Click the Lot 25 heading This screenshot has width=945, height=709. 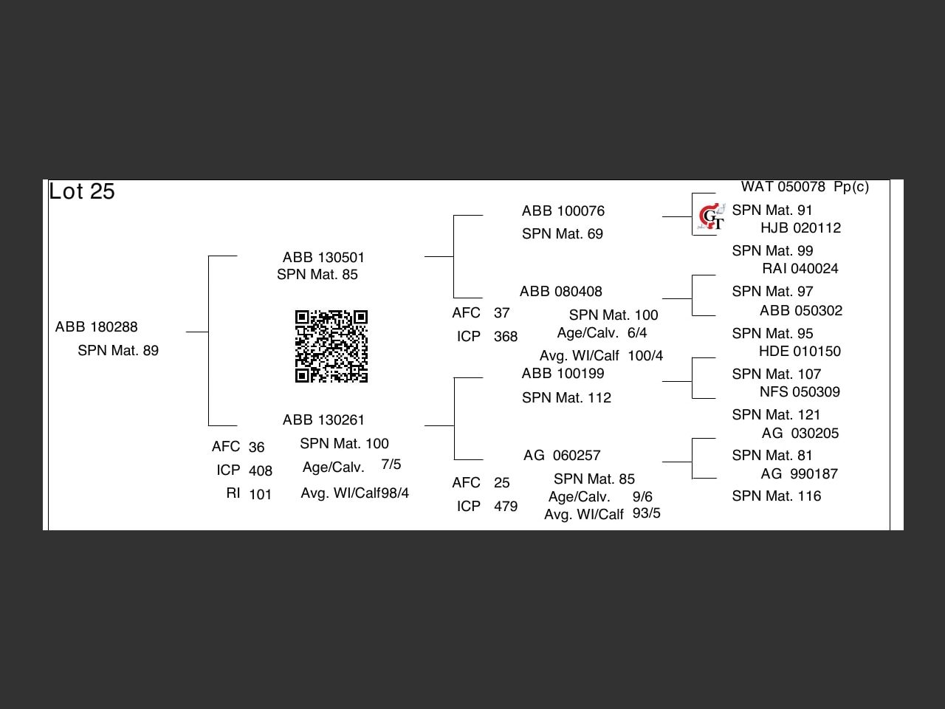pos(82,192)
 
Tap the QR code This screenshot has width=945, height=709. pos(331,346)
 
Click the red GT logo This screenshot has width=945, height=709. pos(710,216)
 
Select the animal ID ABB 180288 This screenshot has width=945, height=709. pos(96,327)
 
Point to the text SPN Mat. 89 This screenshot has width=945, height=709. pos(118,351)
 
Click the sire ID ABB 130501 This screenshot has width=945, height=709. pos(323,258)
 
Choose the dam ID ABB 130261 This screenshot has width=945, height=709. pos(323,420)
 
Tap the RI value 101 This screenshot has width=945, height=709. pos(260,495)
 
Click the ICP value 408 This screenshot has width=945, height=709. pos(260,471)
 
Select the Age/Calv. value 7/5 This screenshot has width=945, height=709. pos(391,465)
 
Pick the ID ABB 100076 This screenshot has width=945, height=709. pos(563,211)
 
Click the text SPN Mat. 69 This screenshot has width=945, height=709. pos(562,234)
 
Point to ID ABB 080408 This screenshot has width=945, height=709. pos(560,292)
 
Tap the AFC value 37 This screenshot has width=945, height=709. pos(501,313)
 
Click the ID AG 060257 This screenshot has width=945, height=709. pos(562,456)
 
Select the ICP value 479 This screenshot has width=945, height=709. pos(505,507)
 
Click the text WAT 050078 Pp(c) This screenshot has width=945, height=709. pos(805,187)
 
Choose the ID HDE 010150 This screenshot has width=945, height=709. pos(800,352)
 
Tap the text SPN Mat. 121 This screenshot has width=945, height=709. pos(776,415)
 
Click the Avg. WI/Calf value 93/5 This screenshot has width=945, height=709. pos(646,513)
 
